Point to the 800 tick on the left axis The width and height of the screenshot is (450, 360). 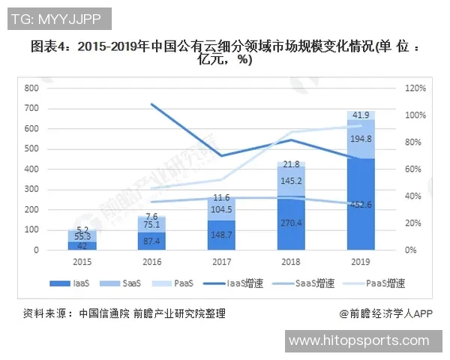tap(31, 88)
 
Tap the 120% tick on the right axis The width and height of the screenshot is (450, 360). tap(415, 88)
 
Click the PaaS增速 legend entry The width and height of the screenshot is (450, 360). tap(373, 283)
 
